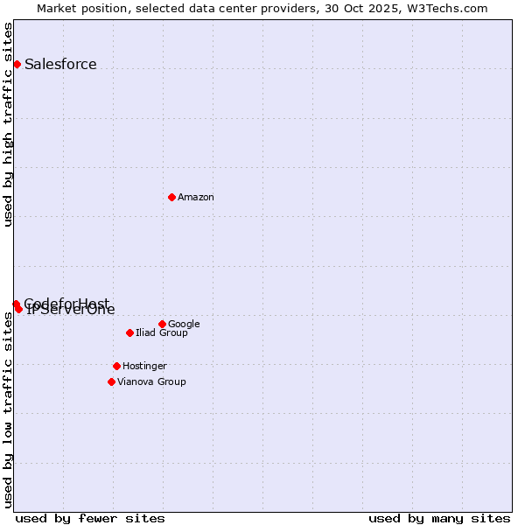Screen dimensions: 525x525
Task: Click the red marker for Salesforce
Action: coord(17,64)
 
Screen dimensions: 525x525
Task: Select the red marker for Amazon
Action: coord(171,197)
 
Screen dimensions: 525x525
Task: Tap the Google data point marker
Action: coord(162,324)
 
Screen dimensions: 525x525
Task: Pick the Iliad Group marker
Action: coord(129,332)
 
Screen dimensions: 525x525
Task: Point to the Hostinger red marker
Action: coord(116,366)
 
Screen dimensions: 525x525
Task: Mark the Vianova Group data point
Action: coord(111,381)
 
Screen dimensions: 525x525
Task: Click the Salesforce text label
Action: coord(60,64)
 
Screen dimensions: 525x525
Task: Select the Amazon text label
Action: coord(196,197)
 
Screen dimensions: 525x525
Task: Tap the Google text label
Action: coord(184,324)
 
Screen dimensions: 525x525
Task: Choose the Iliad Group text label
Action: coord(162,332)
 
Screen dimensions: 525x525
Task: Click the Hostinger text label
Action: coord(144,366)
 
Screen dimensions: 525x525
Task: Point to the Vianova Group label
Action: coord(151,381)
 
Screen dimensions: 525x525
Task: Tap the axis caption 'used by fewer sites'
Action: coord(90,518)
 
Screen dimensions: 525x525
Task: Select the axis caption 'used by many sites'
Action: coord(439,518)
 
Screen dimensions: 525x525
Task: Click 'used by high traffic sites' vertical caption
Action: coord(8,124)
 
